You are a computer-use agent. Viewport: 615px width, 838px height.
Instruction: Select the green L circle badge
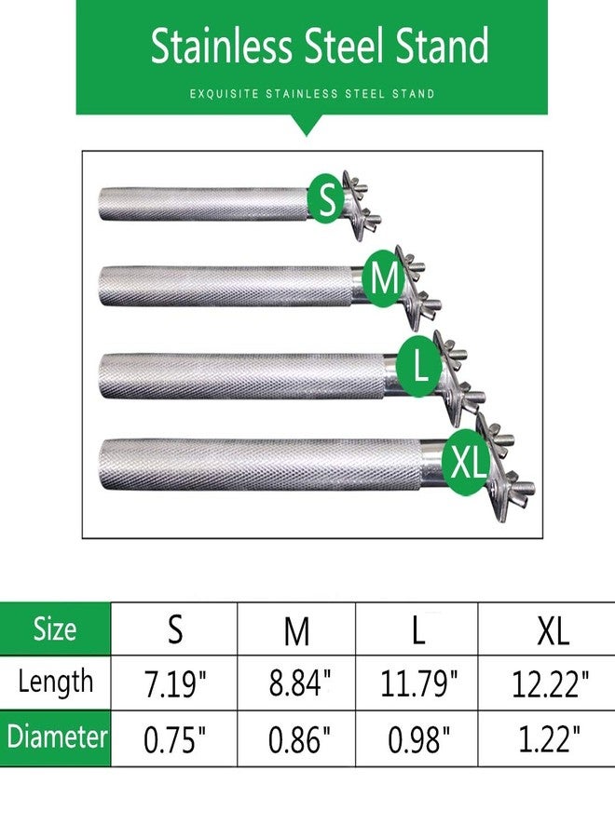[421, 366]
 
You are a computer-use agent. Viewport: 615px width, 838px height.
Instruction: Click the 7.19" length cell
[174, 683]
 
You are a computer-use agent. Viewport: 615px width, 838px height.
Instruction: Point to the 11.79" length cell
[417, 683]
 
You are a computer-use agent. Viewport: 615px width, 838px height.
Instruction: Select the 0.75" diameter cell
[174, 738]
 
